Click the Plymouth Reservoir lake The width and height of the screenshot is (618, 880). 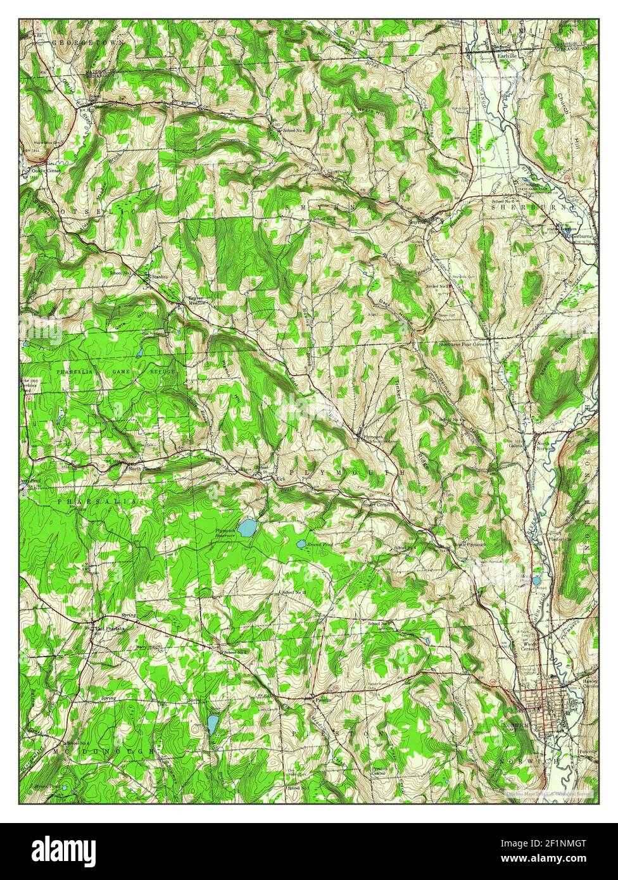point(246,526)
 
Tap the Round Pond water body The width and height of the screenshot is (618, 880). point(301,544)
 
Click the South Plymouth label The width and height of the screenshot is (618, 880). point(470,544)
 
